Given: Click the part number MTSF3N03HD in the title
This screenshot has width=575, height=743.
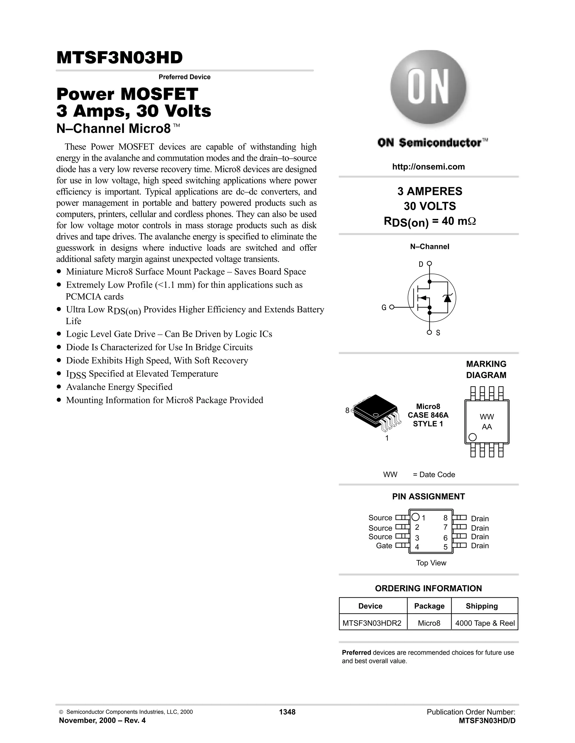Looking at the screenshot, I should point(120,58).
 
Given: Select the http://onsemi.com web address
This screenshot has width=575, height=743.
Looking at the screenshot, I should point(428,167).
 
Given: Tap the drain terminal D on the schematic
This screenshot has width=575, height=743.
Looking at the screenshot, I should point(429,264).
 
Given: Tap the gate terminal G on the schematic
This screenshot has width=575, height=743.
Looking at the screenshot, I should point(391,307).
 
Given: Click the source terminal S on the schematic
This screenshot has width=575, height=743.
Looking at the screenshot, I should point(430,332).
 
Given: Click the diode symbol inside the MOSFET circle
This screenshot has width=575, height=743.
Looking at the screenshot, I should point(447,298).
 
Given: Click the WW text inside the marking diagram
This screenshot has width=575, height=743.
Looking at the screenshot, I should point(487,417).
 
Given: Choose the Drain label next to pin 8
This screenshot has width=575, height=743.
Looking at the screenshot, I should point(480,519).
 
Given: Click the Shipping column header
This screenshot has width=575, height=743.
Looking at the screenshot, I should point(482,606).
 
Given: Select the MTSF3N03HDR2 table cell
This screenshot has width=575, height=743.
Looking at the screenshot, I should point(372,623).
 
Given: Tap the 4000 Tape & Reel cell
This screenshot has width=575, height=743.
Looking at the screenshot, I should point(485,623).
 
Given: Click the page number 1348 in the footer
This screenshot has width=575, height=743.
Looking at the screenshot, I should point(287,712).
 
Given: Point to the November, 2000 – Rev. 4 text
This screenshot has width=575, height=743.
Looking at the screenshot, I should point(102,721).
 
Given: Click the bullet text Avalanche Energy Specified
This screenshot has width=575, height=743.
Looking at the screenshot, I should point(119,387).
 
